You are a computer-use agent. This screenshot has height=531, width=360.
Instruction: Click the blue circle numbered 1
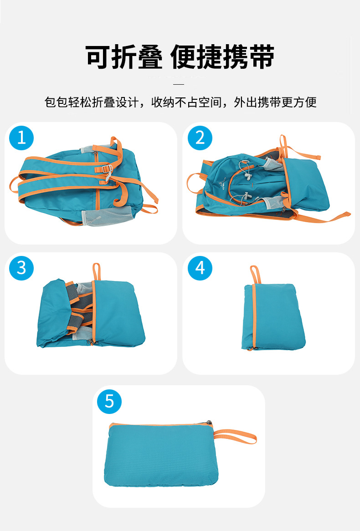21,138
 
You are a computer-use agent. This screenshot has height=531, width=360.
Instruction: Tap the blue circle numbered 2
200,138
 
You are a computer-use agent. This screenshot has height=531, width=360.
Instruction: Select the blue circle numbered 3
21,268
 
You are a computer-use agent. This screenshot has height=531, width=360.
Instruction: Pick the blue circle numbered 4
200,268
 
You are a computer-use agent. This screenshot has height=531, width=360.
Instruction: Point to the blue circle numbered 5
109,401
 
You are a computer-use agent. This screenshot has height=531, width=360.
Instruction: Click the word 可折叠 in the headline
124,57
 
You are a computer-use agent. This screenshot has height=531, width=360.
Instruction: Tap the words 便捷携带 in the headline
222,57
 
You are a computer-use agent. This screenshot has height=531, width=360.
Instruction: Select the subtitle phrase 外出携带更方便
275,102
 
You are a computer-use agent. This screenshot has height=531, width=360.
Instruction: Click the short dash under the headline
179,84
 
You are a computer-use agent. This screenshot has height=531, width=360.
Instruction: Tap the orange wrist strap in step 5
235,435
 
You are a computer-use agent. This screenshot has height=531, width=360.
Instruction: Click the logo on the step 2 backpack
223,187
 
